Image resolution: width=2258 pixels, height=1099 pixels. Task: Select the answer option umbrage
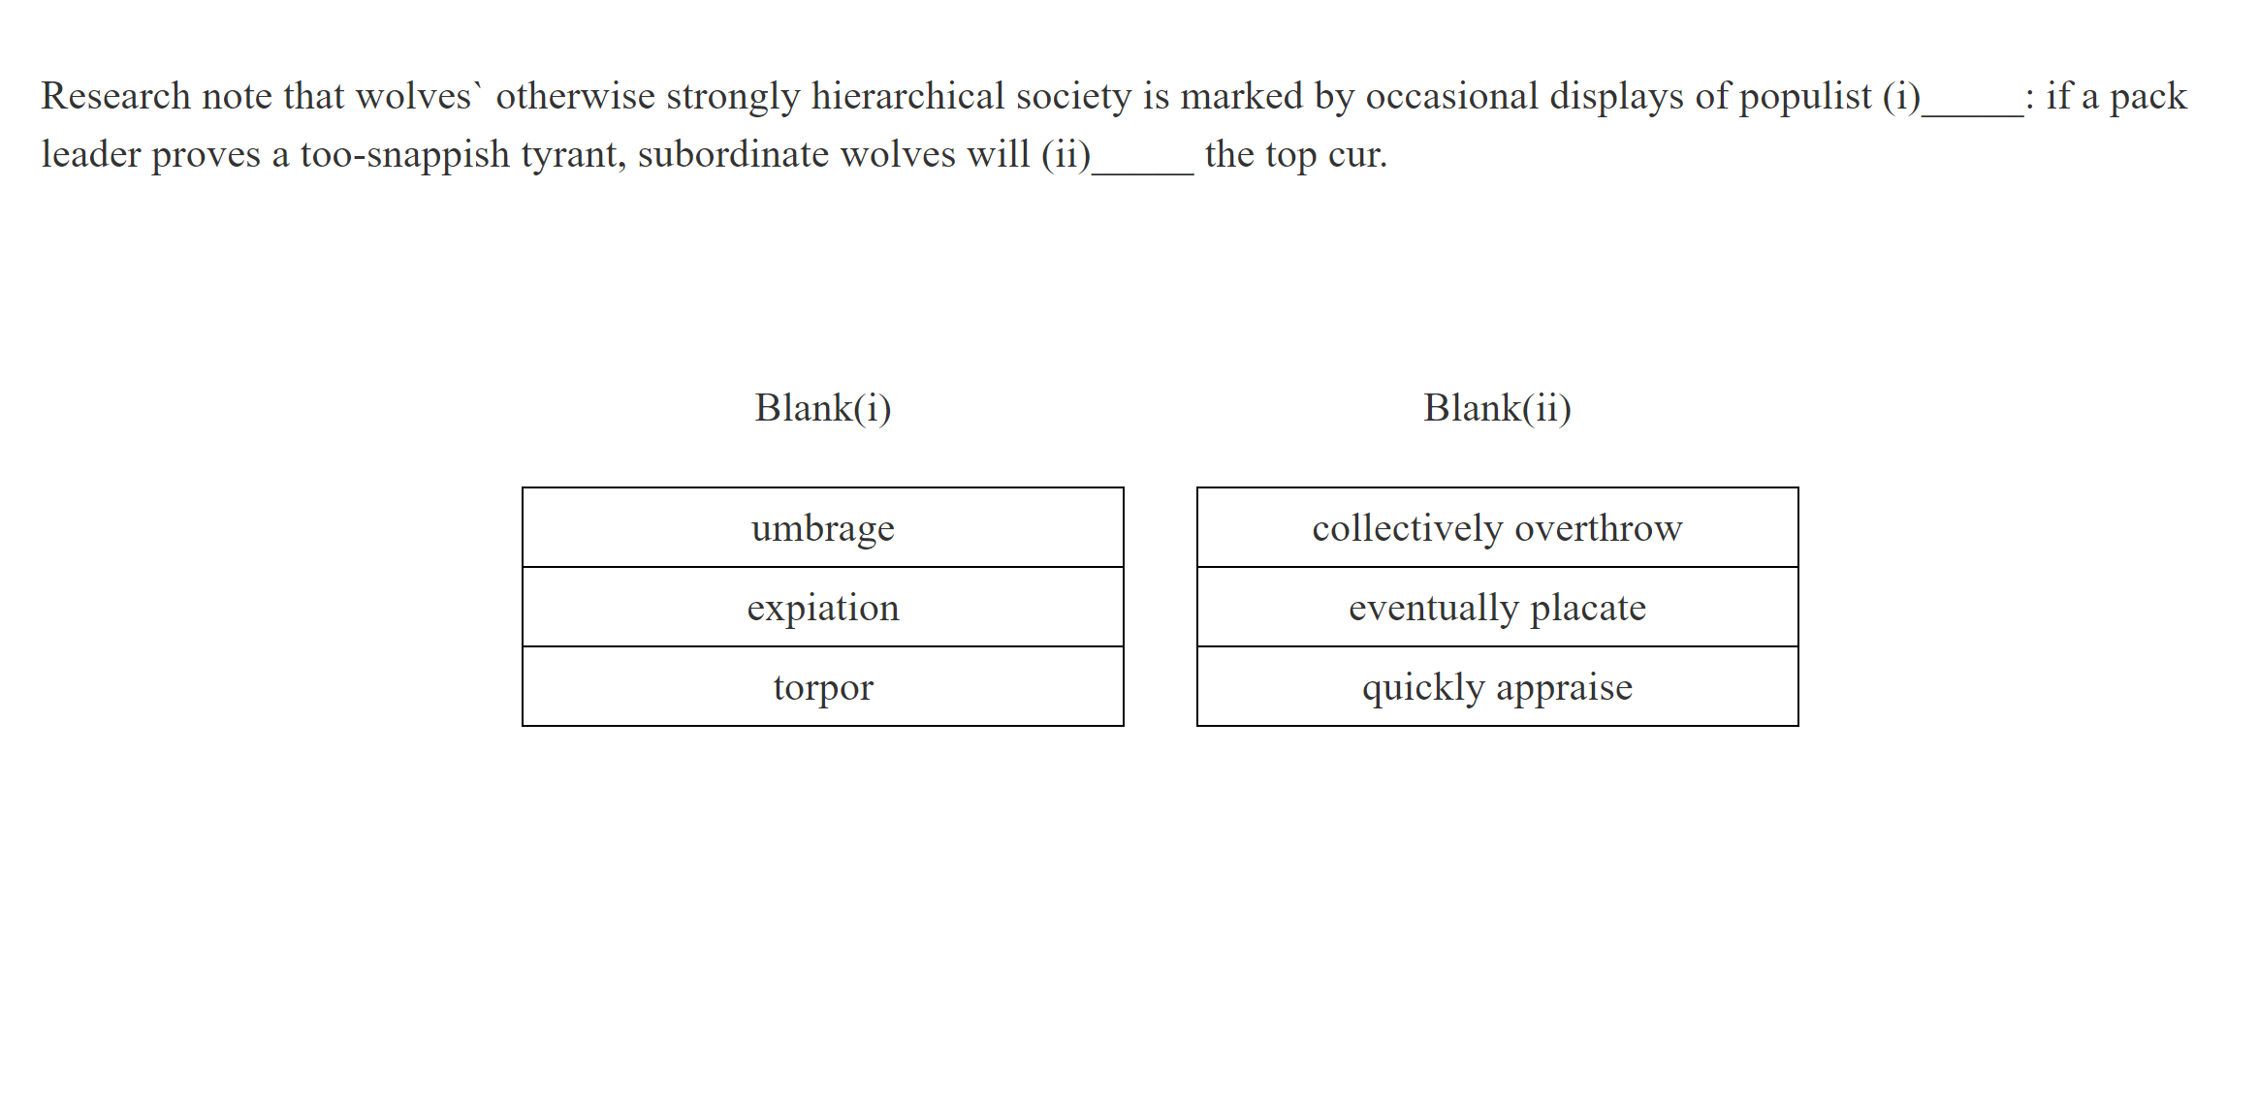pos(822,528)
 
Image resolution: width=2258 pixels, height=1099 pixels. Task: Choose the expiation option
pos(822,608)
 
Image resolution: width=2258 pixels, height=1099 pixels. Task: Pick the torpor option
pos(822,687)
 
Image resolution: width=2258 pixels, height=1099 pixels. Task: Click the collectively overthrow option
pos(1497,528)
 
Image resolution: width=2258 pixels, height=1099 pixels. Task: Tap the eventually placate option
pos(1497,608)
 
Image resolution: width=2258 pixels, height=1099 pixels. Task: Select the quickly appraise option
pos(1497,687)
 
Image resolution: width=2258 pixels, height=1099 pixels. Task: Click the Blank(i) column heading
pos(822,408)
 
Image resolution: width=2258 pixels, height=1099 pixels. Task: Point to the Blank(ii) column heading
pos(1497,408)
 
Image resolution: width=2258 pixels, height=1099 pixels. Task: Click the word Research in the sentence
pos(115,97)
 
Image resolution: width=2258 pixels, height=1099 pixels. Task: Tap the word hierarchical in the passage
pos(907,97)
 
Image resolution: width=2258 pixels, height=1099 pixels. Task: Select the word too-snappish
pos(405,155)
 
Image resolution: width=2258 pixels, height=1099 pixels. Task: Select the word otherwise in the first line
pos(576,97)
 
